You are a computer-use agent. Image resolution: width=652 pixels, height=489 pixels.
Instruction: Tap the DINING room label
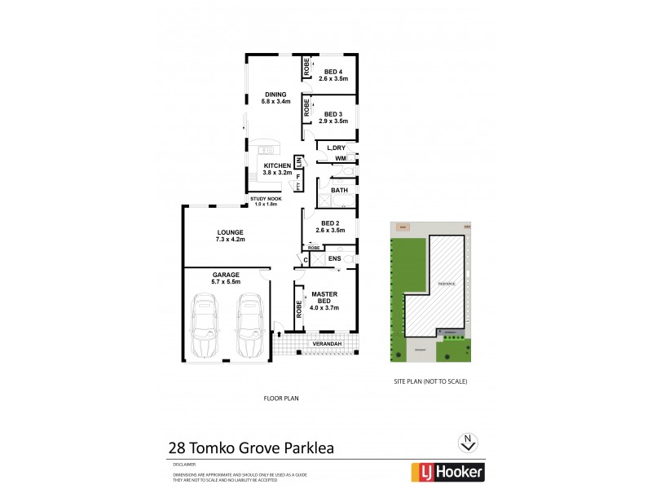pos(275,94)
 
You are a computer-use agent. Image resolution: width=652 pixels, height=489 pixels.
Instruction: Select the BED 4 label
pos(333,71)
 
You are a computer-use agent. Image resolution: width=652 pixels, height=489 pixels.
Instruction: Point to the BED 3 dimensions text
pos(333,121)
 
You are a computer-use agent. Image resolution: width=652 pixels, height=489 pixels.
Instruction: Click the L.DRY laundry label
pos(336,148)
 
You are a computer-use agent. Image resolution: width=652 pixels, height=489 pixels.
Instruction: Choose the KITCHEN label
pos(277,165)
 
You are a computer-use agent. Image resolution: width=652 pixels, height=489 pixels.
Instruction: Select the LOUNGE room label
pos(231,231)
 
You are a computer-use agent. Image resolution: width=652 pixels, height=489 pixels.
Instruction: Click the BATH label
pos(339,191)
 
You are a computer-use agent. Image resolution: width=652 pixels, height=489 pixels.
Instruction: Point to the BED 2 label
pos(330,223)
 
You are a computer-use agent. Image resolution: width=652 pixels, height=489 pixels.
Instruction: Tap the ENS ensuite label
pos(334,259)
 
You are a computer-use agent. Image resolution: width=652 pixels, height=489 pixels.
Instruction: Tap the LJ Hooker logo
pos(447,471)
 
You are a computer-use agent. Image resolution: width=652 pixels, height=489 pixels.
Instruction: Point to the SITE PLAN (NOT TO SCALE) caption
pos(430,381)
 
